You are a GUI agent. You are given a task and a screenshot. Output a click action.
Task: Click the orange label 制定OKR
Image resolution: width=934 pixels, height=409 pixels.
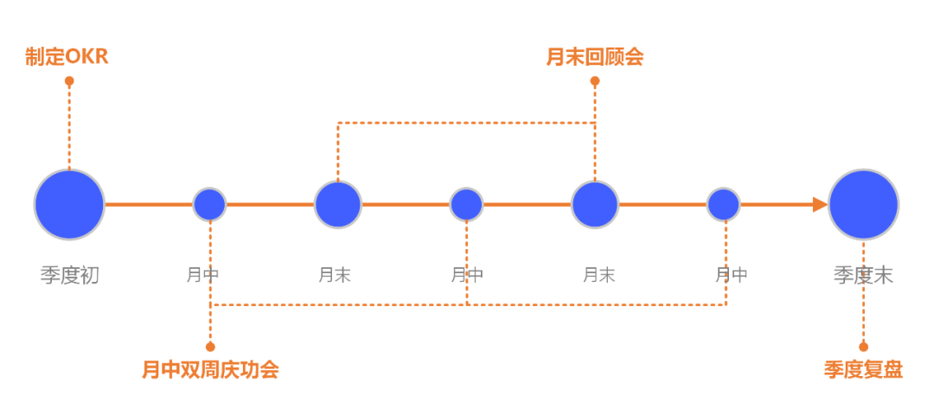67,57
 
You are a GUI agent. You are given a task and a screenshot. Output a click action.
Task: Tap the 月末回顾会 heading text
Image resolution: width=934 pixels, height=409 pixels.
595,57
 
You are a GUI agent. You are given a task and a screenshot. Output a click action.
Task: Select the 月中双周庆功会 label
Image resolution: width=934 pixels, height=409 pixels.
210,370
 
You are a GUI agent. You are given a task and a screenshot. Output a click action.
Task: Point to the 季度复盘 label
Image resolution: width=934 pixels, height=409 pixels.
863,370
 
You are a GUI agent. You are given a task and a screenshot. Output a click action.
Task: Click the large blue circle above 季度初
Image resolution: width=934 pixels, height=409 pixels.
69,205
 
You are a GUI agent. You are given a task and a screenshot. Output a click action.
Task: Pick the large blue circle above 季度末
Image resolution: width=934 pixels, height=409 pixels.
863,205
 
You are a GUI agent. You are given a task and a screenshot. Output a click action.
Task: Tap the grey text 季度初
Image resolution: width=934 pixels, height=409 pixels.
69,276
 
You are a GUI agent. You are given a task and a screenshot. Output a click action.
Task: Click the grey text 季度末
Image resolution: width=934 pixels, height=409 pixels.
863,276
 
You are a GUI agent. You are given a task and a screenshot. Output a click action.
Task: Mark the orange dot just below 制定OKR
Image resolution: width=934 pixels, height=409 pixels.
69,81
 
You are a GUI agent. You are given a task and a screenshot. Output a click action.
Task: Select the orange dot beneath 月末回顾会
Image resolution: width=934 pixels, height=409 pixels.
595,81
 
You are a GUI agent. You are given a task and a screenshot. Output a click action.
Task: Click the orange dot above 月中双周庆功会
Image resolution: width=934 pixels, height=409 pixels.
210,347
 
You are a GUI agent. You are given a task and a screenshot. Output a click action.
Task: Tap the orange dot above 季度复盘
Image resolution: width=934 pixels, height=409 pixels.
863,347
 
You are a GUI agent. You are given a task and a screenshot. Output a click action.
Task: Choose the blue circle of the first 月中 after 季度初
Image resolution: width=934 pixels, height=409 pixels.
209,205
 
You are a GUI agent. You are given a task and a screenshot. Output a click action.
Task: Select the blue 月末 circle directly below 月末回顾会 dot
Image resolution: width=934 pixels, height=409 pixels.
595,205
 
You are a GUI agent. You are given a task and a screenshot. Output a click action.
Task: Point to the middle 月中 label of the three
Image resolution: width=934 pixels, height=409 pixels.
467,276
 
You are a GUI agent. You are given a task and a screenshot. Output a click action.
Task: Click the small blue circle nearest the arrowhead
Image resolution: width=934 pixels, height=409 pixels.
724,205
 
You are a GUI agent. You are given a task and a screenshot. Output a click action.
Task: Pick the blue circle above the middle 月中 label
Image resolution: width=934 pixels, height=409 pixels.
467,205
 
